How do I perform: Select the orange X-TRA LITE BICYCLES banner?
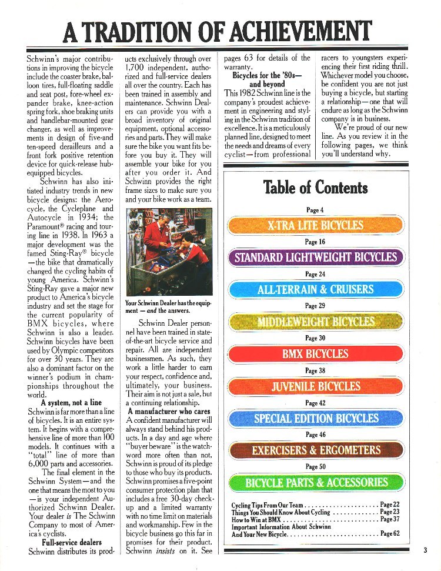pyautogui.click(x=315, y=226)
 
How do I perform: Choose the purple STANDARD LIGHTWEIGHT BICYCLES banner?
pyautogui.click(x=315, y=258)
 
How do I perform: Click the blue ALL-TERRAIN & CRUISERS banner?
pyautogui.click(x=315, y=290)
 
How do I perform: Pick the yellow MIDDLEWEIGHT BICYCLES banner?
pyautogui.click(x=315, y=322)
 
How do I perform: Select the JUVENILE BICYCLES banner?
pyautogui.click(x=315, y=386)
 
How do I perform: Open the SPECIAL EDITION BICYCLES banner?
pyautogui.click(x=315, y=419)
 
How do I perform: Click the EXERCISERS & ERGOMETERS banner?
pyautogui.click(x=315, y=451)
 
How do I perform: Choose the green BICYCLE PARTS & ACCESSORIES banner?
pyautogui.click(x=315, y=483)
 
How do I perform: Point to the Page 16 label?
pyautogui.click(x=315, y=242)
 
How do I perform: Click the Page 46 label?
pyautogui.click(x=315, y=435)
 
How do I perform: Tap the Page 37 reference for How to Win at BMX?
pyautogui.click(x=390, y=519)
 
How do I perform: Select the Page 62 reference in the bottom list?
pyautogui.click(x=390, y=534)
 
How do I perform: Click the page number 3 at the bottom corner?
pyautogui.click(x=423, y=551)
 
